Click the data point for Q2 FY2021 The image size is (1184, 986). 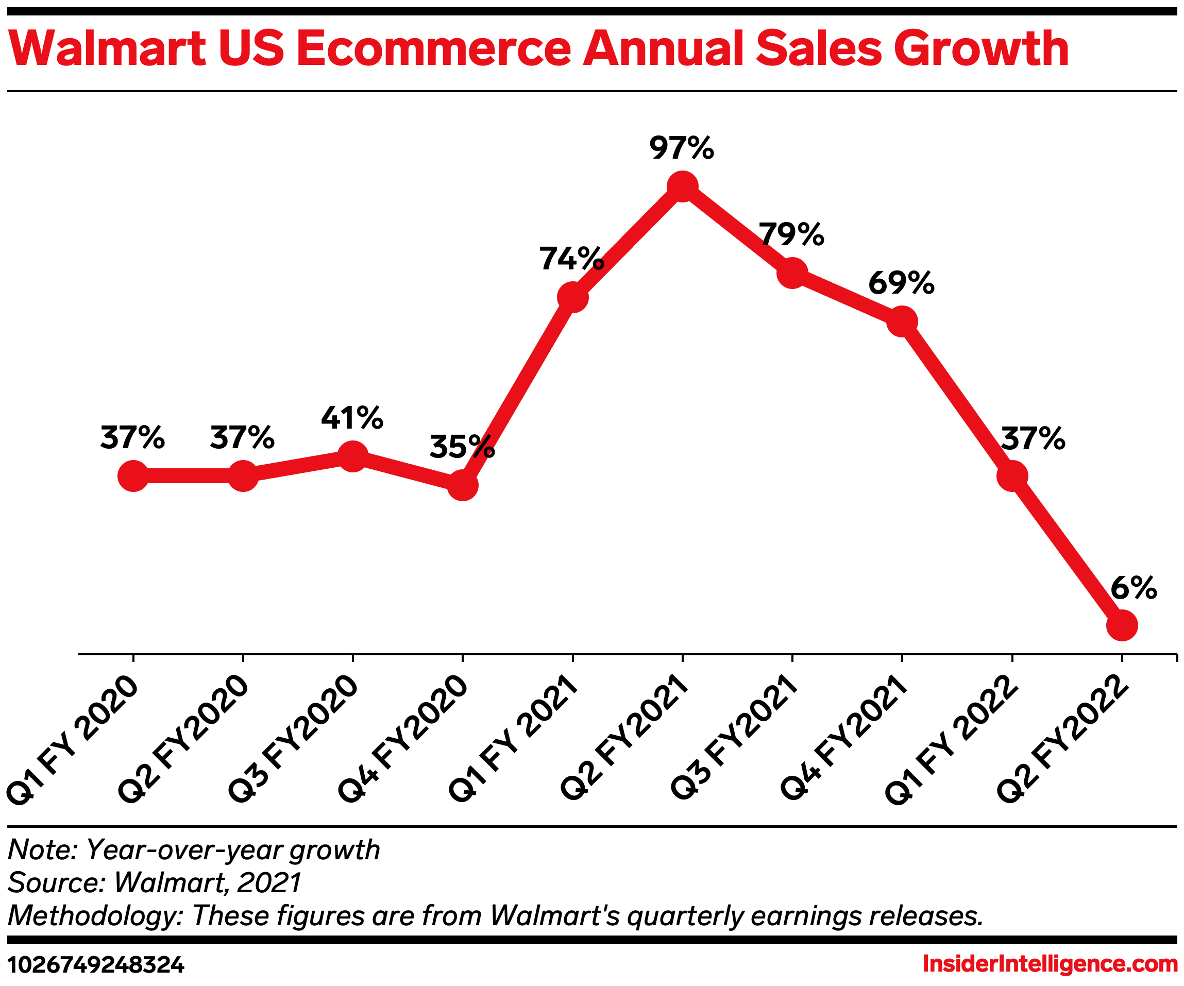point(682,186)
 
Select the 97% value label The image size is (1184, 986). point(682,148)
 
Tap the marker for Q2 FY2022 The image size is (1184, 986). point(1122,625)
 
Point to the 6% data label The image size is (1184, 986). point(1134,588)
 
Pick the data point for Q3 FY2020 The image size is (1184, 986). point(352,456)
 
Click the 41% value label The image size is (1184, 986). point(352,418)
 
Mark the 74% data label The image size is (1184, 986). point(572,259)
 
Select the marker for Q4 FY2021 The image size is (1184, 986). point(902,322)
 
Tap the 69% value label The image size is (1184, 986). point(902,283)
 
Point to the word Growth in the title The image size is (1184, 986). point(981,49)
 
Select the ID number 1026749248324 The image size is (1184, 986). point(96,965)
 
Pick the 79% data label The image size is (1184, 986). point(791,234)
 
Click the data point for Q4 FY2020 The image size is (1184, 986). point(462,485)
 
